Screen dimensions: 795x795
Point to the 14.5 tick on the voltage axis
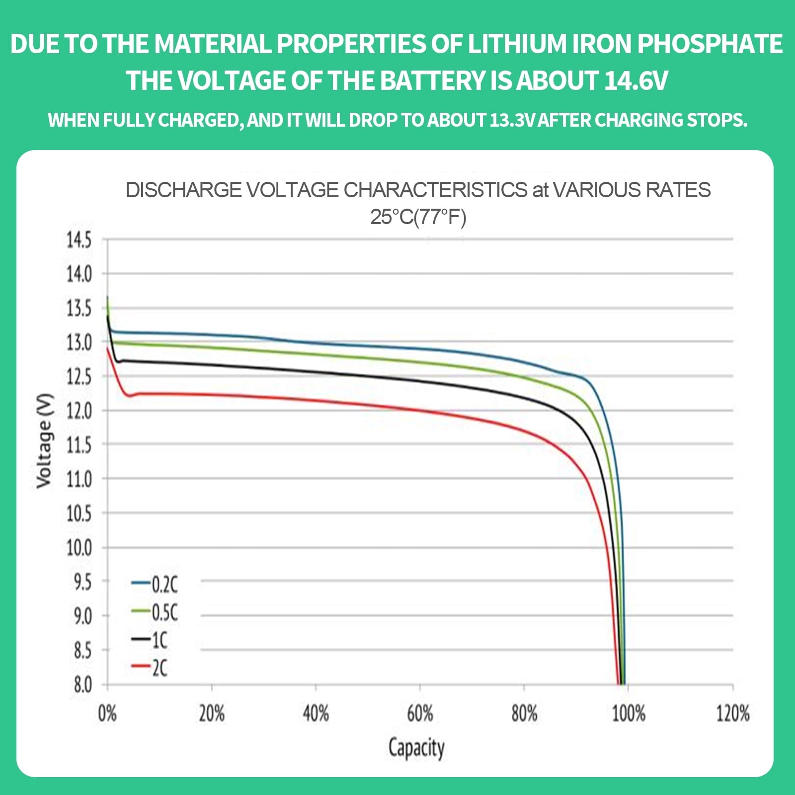pyautogui.click(x=79, y=240)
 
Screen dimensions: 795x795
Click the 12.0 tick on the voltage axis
pyautogui.click(x=79, y=411)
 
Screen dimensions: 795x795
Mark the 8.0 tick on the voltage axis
pyautogui.click(x=82, y=685)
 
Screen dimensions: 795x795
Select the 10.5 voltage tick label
pyautogui.click(x=79, y=513)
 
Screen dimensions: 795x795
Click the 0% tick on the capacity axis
pyautogui.click(x=107, y=714)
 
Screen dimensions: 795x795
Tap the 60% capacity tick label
pyautogui.click(x=420, y=714)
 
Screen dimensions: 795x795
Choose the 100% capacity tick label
pyautogui.click(x=628, y=714)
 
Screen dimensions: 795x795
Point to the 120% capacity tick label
pyautogui.click(x=732, y=714)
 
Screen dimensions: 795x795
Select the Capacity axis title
pyautogui.click(x=416, y=748)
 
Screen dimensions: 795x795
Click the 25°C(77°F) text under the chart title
pyautogui.click(x=418, y=217)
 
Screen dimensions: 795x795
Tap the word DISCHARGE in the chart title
pyautogui.click(x=183, y=190)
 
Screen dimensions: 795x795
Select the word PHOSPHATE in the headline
pyautogui.click(x=710, y=44)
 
